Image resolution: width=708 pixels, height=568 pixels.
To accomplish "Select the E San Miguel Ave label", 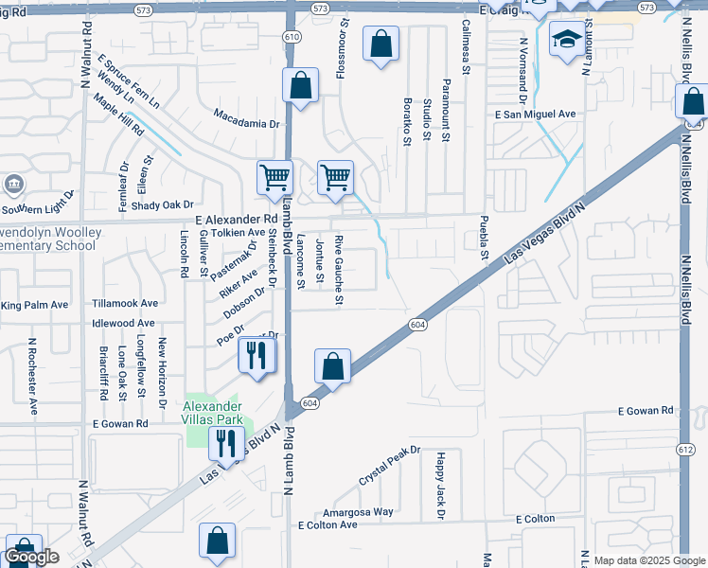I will [x=536, y=114].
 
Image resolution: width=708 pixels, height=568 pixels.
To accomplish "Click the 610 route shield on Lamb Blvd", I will [x=291, y=36].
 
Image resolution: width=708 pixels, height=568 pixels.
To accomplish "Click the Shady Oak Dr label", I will [x=162, y=204].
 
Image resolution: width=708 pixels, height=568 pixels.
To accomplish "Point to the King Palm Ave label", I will [x=35, y=305].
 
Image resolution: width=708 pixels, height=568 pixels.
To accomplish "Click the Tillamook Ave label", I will [x=125, y=304].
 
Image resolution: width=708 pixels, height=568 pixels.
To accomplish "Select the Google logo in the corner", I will [x=31, y=557].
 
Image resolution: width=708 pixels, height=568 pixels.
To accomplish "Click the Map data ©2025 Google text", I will [x=649, y=560].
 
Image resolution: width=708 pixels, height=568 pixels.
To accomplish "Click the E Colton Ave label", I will [x=327, y=524].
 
